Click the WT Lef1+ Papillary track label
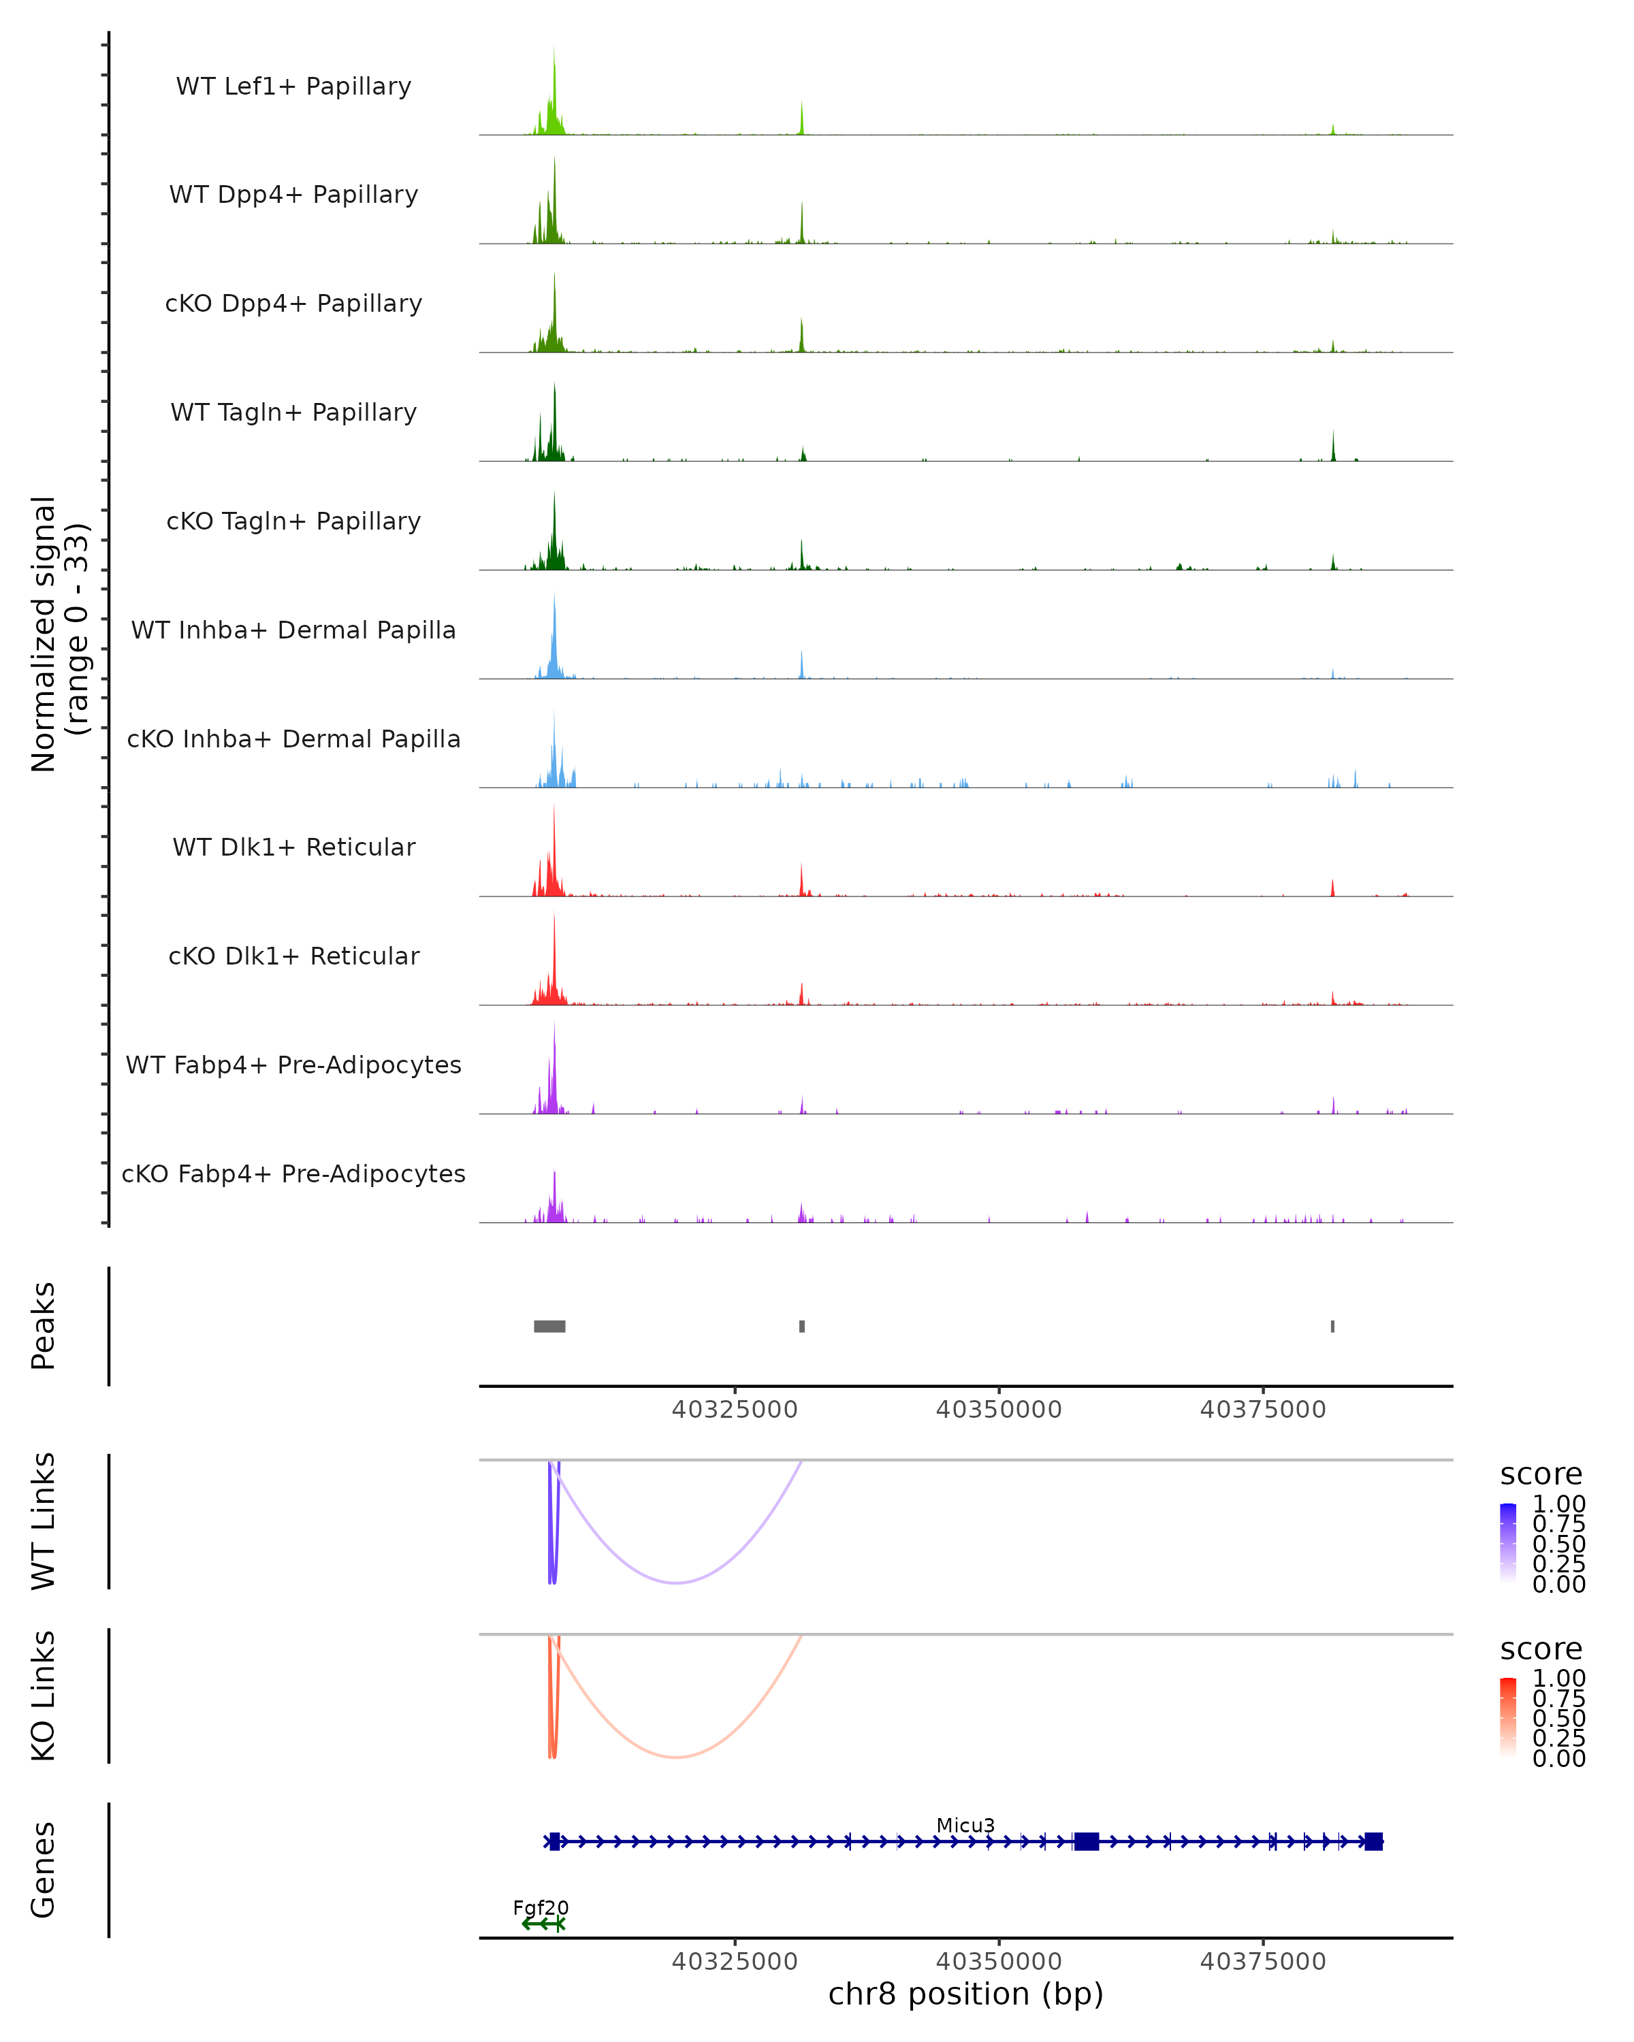pos(293,86)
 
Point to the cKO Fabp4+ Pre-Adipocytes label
pos(293,1173)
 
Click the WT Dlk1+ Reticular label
pos(293,847)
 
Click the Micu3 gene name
pos(965,1825)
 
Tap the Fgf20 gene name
pos(541,1907)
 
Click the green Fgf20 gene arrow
pos(543,1924)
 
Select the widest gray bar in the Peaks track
pos(549,1326)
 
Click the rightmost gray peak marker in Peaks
pos(1333,1326)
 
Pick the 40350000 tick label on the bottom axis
pos(998,1960)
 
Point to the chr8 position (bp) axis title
pos(965,1994)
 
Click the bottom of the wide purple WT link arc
pos(676,1583)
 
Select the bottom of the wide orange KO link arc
pos(676,1757)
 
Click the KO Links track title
pos(44,1696)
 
